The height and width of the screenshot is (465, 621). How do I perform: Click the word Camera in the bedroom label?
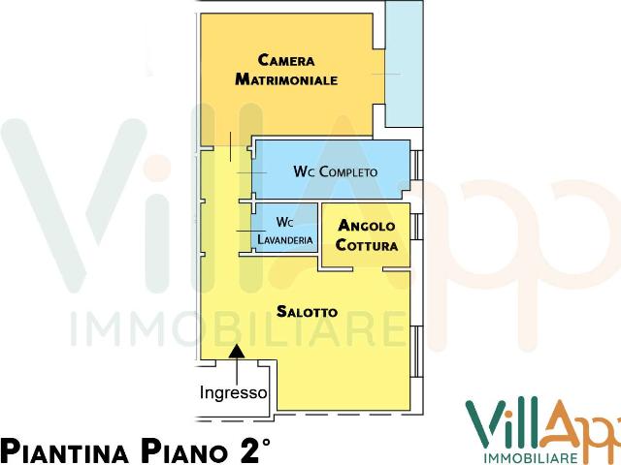coord(285,60)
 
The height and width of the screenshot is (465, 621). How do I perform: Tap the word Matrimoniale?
coord(285,80)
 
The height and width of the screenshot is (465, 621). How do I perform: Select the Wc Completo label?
coord(335,171)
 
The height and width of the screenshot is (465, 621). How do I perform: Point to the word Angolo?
coord(366,226)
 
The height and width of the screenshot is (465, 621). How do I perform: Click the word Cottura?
coord(366,245)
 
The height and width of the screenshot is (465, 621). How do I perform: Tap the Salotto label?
coord(307,312)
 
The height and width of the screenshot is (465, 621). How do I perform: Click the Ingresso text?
coord(233,393)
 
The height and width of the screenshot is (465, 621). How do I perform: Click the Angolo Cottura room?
coord(366,235)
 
